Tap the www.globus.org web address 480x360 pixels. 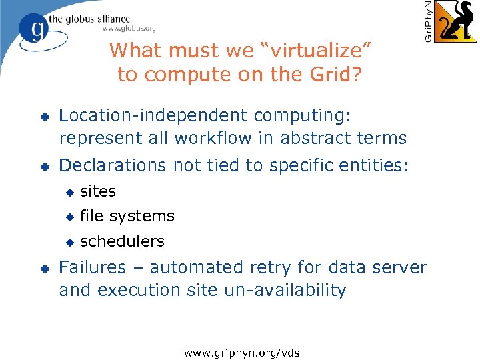pos(129,28)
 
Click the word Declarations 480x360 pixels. pos(113,166)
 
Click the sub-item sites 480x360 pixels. pos(98,191)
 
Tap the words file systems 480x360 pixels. pos(127,216)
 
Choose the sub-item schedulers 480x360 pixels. pos(122,241)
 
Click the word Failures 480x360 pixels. pos(92,267)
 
